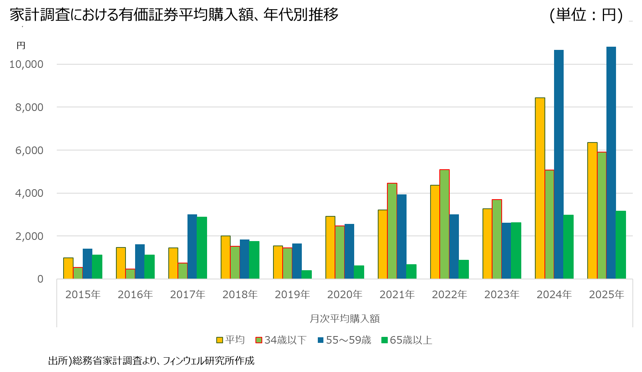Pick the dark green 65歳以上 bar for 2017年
(202, 248)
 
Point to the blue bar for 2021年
(402, 237)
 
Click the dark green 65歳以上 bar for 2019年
(307, 275)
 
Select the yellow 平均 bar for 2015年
(68, 268)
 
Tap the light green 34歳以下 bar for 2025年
(602, 216)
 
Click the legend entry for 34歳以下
(281, 340)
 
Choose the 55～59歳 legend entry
(344, 340)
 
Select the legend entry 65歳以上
(407, 340)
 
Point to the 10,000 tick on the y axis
(26, 64)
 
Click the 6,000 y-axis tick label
(29, 150)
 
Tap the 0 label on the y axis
(40, 279)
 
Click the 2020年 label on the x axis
(345, 295)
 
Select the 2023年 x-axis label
(502, 295)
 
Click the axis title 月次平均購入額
(345, 319)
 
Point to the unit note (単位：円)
(586, 15)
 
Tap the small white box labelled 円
(29, 46)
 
